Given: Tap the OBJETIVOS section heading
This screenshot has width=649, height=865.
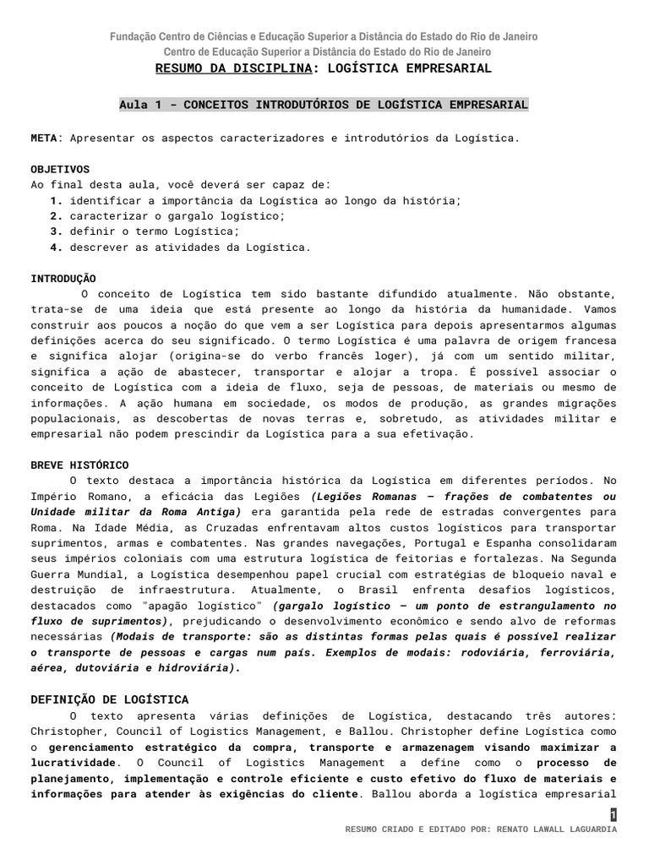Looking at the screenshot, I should [60, 169].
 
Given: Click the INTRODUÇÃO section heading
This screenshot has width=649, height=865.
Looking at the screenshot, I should [63, 279].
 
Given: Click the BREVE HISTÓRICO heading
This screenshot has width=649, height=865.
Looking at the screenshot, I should [79, 465].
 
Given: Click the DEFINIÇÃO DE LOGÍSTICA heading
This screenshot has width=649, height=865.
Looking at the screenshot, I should [110, 699].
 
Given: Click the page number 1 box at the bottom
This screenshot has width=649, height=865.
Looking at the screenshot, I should [614, 814].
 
